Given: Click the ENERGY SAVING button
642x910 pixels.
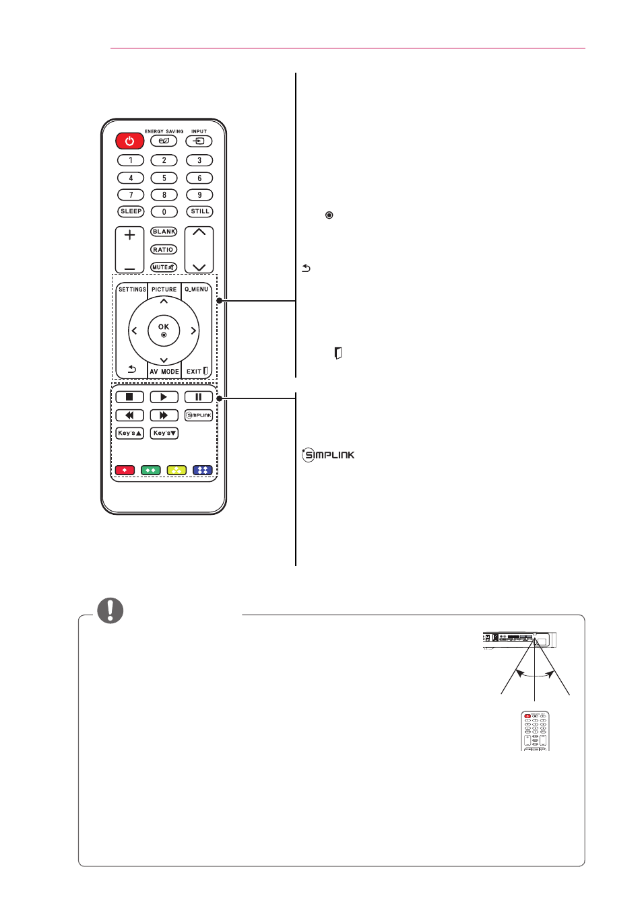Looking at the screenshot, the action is point(164,141).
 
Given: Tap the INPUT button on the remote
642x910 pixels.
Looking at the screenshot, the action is point(199,141).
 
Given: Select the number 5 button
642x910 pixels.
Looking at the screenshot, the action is point(164,178).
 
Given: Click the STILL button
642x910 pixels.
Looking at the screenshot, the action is point(199,211).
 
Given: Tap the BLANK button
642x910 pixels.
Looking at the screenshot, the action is point(164,232).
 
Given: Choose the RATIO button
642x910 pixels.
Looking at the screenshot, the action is point(164,250).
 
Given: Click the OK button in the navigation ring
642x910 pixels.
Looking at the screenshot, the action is point(164,330).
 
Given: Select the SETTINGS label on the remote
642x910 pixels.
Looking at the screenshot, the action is point(132,289).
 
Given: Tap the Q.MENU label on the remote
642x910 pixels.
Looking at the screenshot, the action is point(197,289).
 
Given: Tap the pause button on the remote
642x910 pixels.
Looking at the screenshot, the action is point(199,397).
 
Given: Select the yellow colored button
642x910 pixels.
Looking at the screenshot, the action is point(177,470).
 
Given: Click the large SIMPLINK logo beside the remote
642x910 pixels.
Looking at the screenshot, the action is point(328,455).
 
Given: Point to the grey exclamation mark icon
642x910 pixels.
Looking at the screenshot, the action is point(110,610).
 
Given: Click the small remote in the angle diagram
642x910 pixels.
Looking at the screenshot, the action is point(535,731).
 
